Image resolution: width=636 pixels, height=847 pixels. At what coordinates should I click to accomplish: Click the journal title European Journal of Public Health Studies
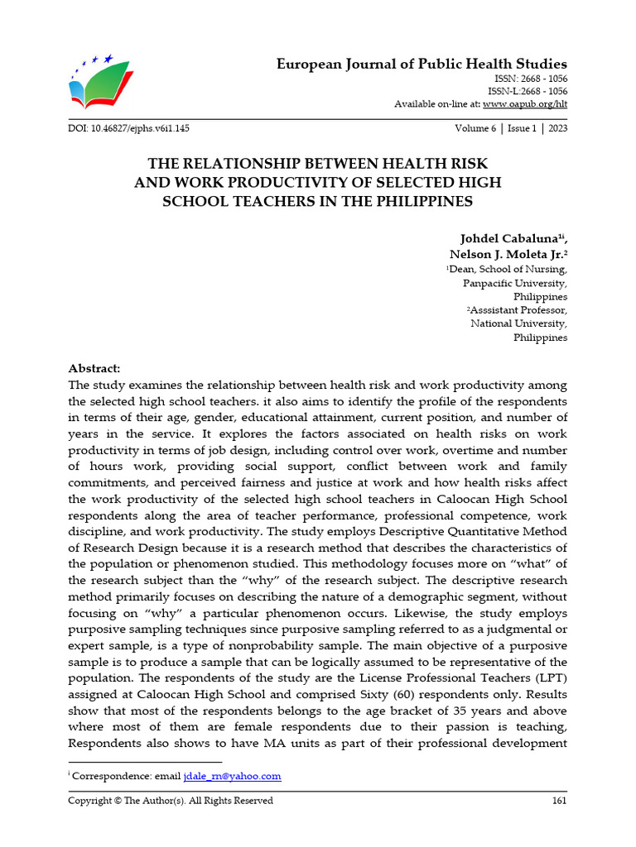point(422,64)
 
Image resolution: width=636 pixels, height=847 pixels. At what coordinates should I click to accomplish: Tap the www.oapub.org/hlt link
point(525,103)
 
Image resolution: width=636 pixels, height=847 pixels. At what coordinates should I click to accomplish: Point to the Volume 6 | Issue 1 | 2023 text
point(511,129)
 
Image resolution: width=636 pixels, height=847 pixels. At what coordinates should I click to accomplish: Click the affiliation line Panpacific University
point(514,282)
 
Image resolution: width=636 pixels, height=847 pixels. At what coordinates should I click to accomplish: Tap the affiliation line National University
point(518,323)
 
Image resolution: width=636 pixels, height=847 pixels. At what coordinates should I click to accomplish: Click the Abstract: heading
point(94,368)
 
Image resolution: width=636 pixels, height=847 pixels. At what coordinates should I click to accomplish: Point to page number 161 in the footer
point(559,801)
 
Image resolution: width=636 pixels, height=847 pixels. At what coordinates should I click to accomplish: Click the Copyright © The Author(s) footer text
point(170,801)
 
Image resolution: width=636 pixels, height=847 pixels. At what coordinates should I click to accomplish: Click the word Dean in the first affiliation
point(462,269)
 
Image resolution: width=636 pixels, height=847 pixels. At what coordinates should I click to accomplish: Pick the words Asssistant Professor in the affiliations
point(519,310)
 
